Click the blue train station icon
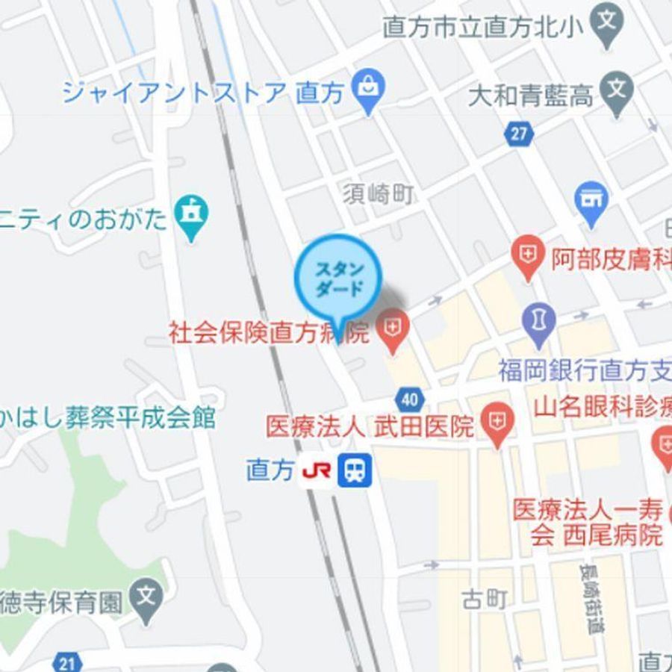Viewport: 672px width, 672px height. [x=355, y=471]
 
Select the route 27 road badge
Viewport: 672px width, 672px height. [x=518, y=134]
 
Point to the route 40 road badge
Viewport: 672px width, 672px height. [x=409, y=399]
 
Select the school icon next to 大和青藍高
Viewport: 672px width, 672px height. [x=617, y=93]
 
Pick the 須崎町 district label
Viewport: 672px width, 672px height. [x=379, y=196]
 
